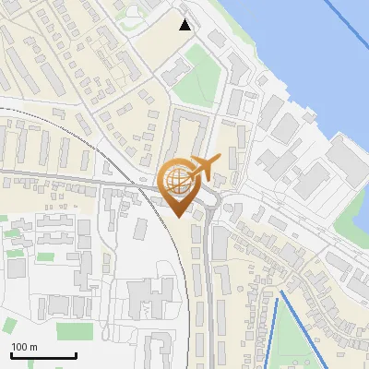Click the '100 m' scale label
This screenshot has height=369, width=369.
pos(24,347)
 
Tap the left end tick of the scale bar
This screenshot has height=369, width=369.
pos(11,354)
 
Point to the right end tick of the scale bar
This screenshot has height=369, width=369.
pos(76,354)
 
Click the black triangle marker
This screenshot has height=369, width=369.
pos(185,25)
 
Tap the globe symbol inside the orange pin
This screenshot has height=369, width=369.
pos(177,180)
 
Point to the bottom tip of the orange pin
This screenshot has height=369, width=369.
pos(178,216)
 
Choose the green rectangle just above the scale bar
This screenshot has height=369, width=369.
pos(74,330)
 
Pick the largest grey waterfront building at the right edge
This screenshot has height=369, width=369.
pos(347,162)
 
